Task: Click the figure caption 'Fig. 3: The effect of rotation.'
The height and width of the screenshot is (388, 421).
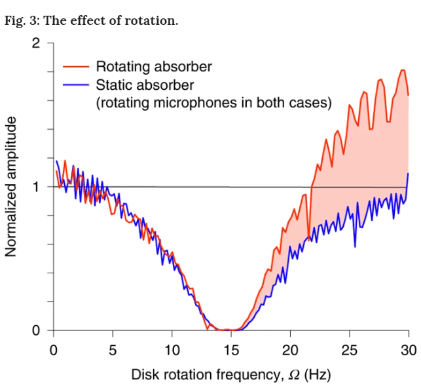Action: (x=91, y=20)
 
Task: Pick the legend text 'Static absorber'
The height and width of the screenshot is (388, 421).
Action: (x=145, y=85)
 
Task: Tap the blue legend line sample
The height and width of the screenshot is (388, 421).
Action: (x=76, y=85)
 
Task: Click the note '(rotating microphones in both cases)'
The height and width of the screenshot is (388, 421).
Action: (x=213, y=103)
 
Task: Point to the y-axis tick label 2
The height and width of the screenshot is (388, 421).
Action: (x=35, y=44)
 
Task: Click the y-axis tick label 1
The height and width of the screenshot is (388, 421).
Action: (x=35, y=187)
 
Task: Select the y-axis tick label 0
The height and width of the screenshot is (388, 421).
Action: (x=35, y=330)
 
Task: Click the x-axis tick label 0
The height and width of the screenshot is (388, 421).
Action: (x=53, y=349)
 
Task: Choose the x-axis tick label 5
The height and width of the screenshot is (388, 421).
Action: (x=113, y=349)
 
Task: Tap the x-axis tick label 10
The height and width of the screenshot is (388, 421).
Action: (x=172, y=349)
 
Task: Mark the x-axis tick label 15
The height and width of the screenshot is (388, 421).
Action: (x=231, y=349)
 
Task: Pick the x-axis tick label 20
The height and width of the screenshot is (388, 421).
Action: (x=290, y=349)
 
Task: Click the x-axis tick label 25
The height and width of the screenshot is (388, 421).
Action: (x=350, y=349)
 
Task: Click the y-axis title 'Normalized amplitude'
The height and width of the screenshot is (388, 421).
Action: (x=11, y=187)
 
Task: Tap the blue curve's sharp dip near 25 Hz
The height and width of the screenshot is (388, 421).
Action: (x=355, y=246)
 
